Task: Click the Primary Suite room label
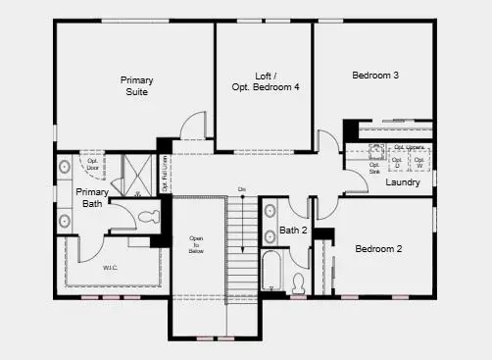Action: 136,85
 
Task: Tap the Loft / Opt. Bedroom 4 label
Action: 264,80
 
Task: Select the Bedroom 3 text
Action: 374,75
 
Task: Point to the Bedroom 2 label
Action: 378,248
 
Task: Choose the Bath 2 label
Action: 293,231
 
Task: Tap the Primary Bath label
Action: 91,198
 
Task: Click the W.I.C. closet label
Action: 110,266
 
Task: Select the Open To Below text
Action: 196,244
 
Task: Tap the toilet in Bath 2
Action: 298,283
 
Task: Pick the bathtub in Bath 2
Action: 271,272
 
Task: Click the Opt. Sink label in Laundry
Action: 374,168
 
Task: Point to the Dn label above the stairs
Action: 241,189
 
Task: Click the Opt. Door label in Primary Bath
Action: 93,163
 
